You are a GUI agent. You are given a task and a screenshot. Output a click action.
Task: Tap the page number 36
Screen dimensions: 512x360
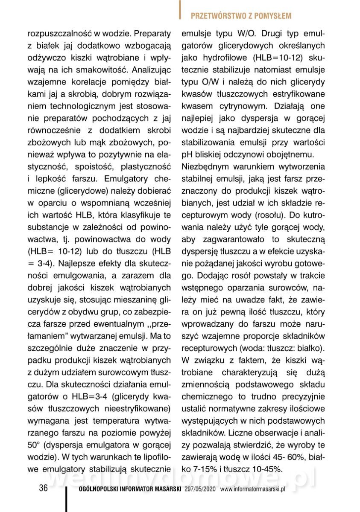point(43,489)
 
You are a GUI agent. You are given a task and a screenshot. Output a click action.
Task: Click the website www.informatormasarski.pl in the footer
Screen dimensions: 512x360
point(252,489)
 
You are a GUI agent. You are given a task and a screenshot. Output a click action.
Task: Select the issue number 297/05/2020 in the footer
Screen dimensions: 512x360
point(201,489)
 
